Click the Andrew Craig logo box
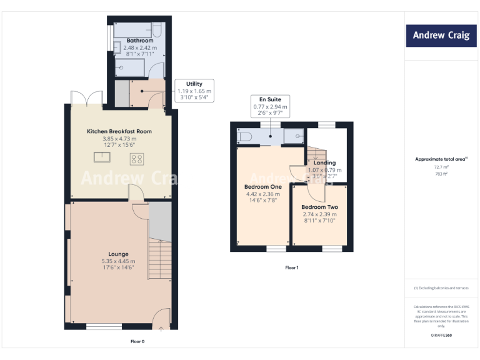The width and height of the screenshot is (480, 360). pos(441,35)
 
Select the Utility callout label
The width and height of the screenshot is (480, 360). pos(194,84)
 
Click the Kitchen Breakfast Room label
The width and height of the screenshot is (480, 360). pos(119,131)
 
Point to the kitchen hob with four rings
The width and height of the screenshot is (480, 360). pos(136,159)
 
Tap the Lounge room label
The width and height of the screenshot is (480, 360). pos(118,254)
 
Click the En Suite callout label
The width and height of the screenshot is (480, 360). pos(271,99)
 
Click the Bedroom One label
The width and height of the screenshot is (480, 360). pos(262,186)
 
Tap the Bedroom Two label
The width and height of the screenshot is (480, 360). pos(319,207)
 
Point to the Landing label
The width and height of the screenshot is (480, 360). pos(324,163)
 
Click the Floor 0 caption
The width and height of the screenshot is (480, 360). pos(137,342)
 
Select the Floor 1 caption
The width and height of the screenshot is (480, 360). pos(292,267)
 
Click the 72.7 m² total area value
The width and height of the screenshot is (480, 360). pos(441,167)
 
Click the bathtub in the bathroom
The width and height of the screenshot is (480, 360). pos(137,29)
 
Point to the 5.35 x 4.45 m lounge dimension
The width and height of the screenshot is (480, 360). pos(118,261)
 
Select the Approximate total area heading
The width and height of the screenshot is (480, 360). pos(440,159)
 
